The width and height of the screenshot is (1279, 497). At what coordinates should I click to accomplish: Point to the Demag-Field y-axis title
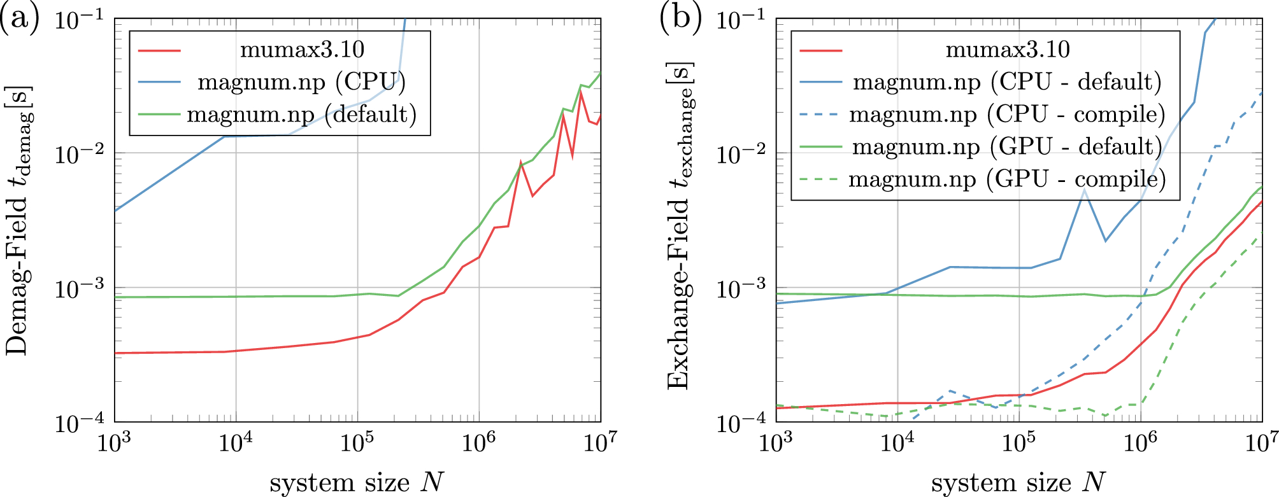pyautogui.click(x=18, y=220)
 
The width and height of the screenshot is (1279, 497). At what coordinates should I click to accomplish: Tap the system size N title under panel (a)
pyautogui.click(x=357, y=482)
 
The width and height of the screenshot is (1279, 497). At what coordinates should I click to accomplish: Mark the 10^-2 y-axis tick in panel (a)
pyautogui.click(x=80, y=154)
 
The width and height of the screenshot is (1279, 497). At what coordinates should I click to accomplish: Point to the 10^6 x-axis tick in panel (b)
pyautogui.click(x=1140, y=443)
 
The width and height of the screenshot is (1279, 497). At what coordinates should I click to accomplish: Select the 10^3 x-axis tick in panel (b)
pyautogui.click(x=776, y=443)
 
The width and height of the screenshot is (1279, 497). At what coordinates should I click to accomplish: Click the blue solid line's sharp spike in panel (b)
pyautogui.click(x=1084, y=190)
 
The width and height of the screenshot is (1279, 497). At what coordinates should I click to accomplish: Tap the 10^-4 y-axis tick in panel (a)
pyautogui.click(x=80, y=423)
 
